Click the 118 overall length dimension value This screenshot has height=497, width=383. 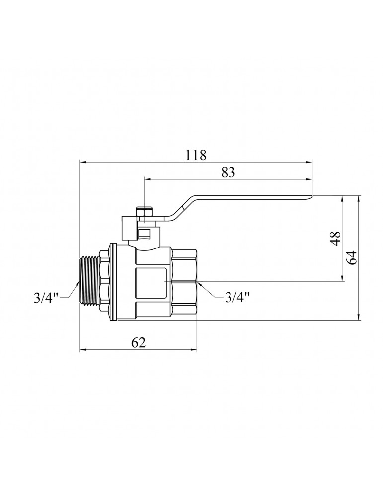[x=196, y=155]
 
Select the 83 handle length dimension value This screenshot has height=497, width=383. [x=229, y=172]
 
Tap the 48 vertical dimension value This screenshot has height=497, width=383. [x=335, y=238]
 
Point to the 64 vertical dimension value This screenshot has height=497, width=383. [x=351, y=257]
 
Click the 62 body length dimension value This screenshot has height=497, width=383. [x=138, y=342]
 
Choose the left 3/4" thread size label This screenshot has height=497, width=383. [x=46, y=298]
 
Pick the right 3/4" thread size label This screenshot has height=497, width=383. [x=237, y=298]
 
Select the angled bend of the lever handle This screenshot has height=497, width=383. [x=180, y=208]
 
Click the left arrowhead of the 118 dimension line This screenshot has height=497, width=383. [x=83, y=162]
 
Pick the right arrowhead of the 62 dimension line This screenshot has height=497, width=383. [x=194, y=350]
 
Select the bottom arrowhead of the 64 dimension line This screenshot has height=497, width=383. [x=358, y=316]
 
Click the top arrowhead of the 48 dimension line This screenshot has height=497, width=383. [x=342, y=199]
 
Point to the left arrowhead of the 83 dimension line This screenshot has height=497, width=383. [x=148, y=179]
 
